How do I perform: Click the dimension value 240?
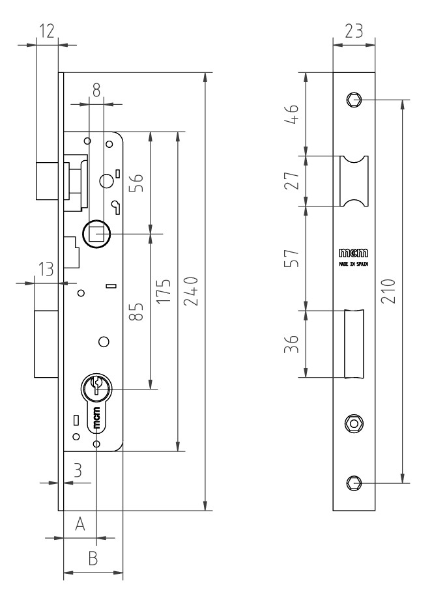pyautogui.click(x=191, y=291)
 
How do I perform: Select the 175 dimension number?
pyautogui.click(x=164, y=291)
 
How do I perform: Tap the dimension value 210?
pyautogui.click(x=388, y=291)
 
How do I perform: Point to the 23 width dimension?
pyautogui.click(x=354, y=31)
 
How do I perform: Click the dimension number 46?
pyautogui.click(x=291, y=114)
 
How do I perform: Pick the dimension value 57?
pyautogui.click(x=291, y=258)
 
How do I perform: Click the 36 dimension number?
pyautogui.click(x=291, y=344)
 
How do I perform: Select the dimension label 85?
pyautogui.click(x=136, y=311)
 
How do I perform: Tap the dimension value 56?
pyautogui.click(x=136, y=182)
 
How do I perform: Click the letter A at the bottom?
pyautogui.click(x=80, y=524)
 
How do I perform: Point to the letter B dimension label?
pyautogui.click(x=93, y=558)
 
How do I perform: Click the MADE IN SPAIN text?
pyautogui.click(x=353, y=264)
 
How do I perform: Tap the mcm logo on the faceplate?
pyautogui.click(x=353, y=253)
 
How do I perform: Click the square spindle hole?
pyautogui.click(x=96, y=234)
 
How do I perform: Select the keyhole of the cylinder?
pyautogui.click(x=96, y=384)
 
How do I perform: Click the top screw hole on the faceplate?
pyautogui.click(x=354, y=100)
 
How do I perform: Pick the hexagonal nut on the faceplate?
pyautogui.click(x=354, y=423)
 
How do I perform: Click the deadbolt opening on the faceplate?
pyautogui.click(x=354, y=344)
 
